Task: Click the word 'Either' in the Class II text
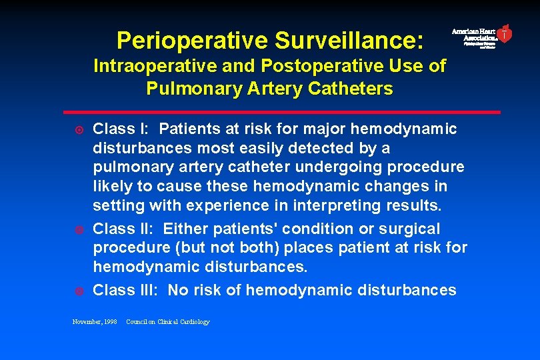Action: point(185,229)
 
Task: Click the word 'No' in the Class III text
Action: point(179,290)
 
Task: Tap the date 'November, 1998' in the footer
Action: point(95,322)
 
